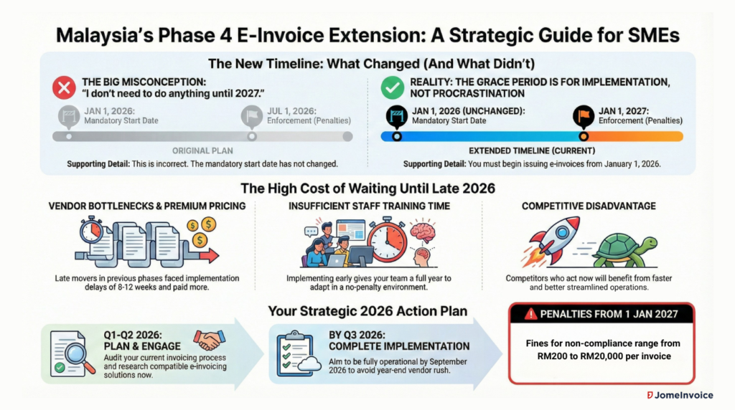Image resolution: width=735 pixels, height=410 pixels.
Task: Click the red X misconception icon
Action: tap(64, 87)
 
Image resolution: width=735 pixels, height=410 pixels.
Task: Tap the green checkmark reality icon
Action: tap(393, 87)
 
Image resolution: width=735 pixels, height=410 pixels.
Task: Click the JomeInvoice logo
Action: tap(680, 395)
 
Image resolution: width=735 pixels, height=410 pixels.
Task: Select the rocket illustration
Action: tap(551, 241)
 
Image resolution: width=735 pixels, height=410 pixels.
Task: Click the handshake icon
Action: tap(210, 340)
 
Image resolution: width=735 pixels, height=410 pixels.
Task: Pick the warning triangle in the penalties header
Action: tap(530, 313)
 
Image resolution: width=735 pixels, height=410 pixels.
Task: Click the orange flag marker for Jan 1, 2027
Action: tap(584, 116)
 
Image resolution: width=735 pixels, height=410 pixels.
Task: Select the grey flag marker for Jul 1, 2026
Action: tap(252, 117)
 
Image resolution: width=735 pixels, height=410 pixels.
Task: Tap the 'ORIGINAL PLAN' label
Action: tap(202, 151)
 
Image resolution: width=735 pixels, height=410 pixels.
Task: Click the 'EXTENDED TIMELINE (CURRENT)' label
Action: tap(532, 151)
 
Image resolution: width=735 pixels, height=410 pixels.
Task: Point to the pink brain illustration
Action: tap(423, 232)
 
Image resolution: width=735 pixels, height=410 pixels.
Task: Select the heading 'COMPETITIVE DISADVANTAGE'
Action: tap(589, 206)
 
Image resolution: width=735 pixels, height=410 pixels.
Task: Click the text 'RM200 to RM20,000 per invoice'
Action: tap(604, 356)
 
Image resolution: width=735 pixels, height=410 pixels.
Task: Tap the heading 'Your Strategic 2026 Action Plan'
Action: tap(367, 311)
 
